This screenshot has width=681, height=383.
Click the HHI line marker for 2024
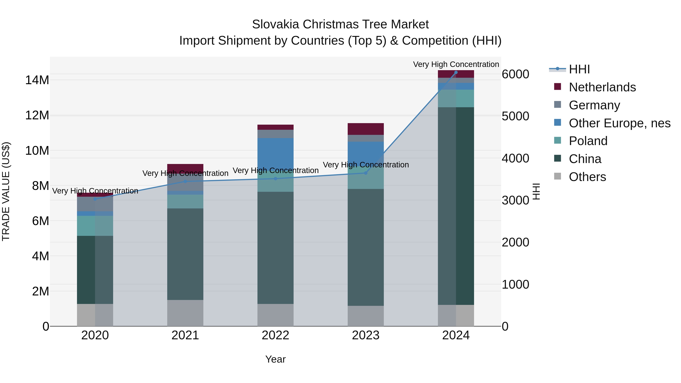pyautogui.click(x=456, y=72)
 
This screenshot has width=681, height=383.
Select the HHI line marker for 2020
pyautogui.click(x=95, y=199)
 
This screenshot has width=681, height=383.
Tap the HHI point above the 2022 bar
pyautogui.click(x=275, y=179)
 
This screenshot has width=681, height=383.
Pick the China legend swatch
pyautogui.click(x=557, y=158)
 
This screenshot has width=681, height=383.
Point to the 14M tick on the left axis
pyautogui.click(x=37, y=80)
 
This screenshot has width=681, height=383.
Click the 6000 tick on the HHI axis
pyautogui.click(x=515, y=74)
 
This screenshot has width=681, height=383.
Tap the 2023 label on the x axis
pyautogui.click(x=366, y=335)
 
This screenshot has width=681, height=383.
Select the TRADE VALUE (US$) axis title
pyautogui.click(x=6, y=191)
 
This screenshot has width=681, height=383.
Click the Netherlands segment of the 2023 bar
pyautogui.click(x=366, y=129)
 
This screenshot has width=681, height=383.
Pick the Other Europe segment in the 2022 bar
pyautogui.click(x=275, y=153)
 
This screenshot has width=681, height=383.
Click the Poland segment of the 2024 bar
pyautogui.click(x=456, y=98)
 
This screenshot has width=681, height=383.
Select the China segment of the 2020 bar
pyautogui.click(x=95, y=270)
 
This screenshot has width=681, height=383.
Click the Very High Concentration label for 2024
pyautogui.click(x=456, y=64)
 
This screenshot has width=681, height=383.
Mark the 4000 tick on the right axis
pyautogui.click(x=515, y=158)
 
